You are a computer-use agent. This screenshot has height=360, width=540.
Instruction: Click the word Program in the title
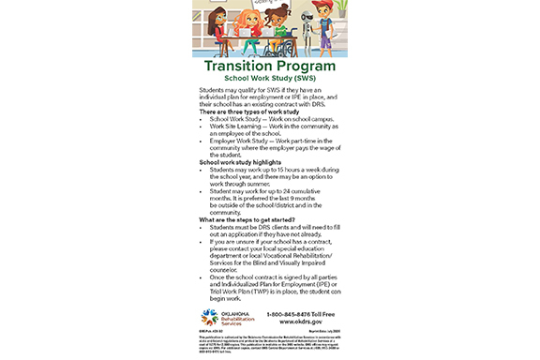click(x=307, y=67)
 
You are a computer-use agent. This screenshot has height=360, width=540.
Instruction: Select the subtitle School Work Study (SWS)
click(x=270, y=80)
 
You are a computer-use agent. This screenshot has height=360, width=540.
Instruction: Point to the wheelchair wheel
click(x=281, y=45)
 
